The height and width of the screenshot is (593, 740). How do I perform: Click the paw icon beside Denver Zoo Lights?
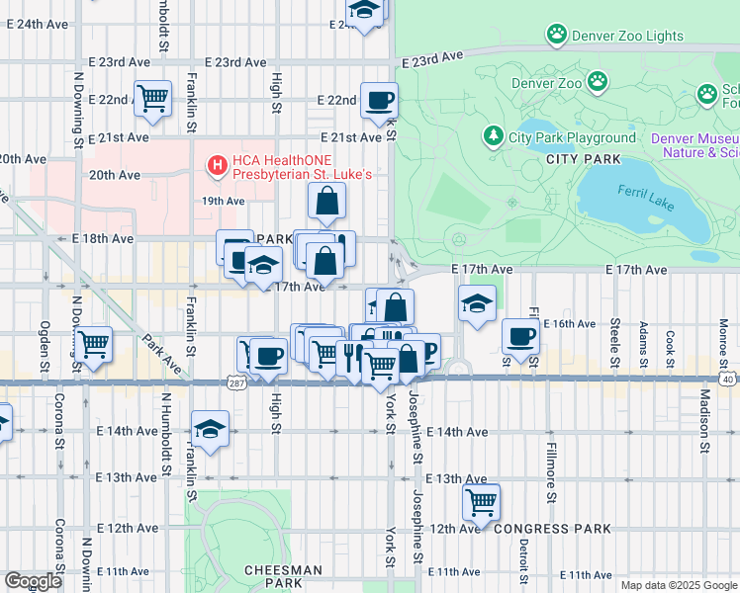pos(557,36)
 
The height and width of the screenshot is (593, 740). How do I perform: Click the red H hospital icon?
pos(214,165)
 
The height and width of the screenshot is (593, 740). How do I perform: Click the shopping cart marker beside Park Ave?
pos(94,346)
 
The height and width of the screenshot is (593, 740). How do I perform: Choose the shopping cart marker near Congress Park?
pos(481,501)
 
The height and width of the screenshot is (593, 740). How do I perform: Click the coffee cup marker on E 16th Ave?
pos(520,336)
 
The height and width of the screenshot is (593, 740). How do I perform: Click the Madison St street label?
pos(705,420)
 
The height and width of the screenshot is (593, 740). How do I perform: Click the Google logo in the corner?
pos(33,581)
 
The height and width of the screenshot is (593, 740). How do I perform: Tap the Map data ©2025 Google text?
pos(678,585)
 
